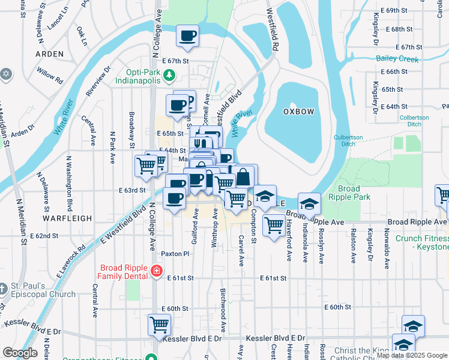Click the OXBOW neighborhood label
pos(298,112)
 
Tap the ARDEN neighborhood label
pos(49,54)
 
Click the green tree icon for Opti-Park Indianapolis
pos(170,74)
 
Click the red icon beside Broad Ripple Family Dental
pos(157,271)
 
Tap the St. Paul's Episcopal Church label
pos(43,290)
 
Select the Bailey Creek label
pos(397,58)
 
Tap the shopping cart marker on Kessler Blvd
pos(159,325)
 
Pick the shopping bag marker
pos(244,177)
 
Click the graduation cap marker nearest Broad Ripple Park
pos(309,204)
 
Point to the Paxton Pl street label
pos(175,254)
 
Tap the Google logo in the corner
pos(20,353)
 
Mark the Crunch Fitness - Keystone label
pos(422,242)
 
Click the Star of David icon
pos(6,73)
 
